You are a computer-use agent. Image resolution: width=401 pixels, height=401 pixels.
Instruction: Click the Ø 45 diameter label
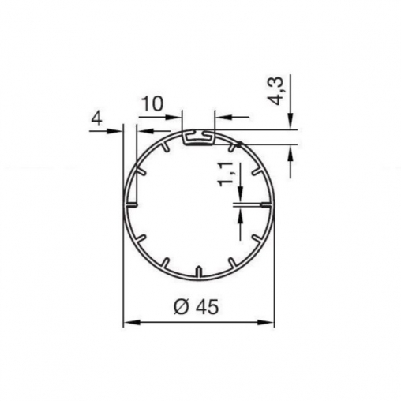point(196,307)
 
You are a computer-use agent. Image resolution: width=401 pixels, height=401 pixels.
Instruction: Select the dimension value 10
point(152,103)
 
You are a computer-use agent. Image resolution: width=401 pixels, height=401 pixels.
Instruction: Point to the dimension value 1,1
point(226,174)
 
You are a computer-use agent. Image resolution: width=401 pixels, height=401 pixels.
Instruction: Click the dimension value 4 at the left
point(96,119)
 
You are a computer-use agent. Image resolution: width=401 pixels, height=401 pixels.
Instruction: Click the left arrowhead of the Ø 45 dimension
point(132,322)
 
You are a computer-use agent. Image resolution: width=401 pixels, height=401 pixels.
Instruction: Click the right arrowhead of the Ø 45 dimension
point(266,322)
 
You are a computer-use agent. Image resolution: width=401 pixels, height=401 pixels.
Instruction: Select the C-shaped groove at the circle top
point(198,137)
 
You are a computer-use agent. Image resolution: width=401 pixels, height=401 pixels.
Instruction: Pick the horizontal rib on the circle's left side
point(132,204)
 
